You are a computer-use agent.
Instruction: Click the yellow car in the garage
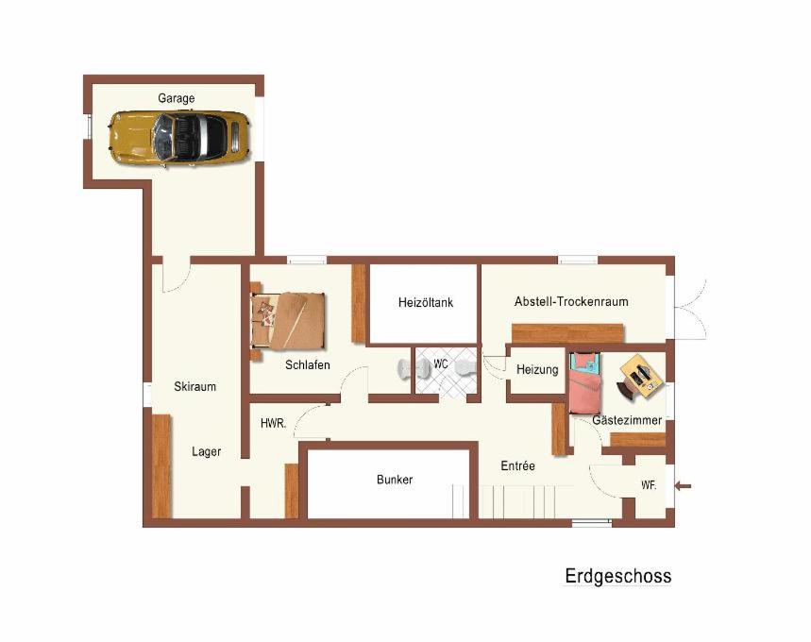179,138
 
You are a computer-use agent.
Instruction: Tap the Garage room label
177,98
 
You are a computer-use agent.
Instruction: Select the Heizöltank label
426,303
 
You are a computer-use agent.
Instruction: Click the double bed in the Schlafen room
288,321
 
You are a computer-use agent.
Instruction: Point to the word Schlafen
308,365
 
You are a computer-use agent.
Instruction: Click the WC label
441,364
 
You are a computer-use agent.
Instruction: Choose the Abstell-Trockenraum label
571,301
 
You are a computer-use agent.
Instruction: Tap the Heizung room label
537,370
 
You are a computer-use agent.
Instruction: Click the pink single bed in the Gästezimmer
585,383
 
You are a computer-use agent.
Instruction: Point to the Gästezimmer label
627,420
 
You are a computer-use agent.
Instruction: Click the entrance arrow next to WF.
684,486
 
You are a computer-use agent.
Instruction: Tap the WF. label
649,485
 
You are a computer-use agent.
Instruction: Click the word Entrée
517,465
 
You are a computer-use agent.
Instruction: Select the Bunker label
395,480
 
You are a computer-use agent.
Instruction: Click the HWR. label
273,423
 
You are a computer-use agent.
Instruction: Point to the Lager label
207,451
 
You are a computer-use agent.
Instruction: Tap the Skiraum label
195,386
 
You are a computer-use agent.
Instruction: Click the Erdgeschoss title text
618,576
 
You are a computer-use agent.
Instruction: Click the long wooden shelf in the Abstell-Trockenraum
568,333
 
